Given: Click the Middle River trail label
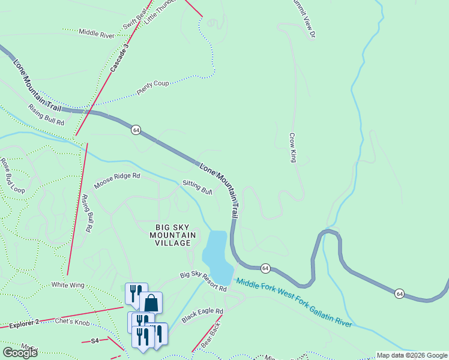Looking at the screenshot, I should point(96,34).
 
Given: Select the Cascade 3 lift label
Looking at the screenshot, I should point(119,58).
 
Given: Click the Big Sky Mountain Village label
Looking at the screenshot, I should point(172,235).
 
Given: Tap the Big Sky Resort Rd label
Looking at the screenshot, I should point(203,281).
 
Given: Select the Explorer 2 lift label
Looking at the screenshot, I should point(23,323).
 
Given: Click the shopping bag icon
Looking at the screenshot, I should point(151,302).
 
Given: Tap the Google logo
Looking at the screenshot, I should point(19,352).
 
